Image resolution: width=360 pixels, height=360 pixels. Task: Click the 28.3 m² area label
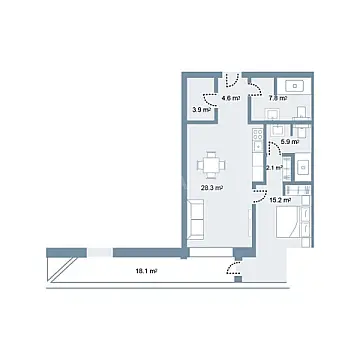pos(211,186)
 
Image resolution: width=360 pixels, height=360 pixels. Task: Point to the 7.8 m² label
pos(278,98)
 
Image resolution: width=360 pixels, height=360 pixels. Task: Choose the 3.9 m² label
pos(201,110)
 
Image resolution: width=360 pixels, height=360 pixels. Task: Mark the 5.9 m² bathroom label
pos(288,143)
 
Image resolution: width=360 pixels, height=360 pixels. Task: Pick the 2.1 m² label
pos(274,168)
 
